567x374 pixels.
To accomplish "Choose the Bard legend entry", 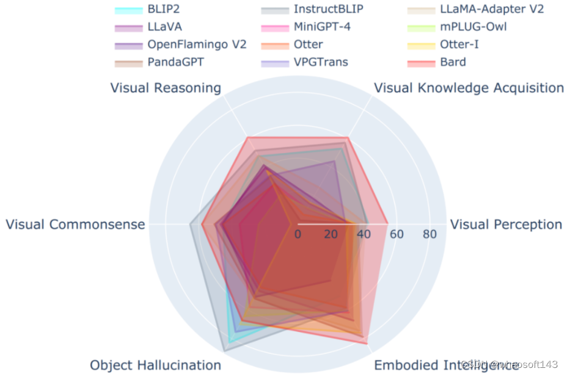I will point(453,62).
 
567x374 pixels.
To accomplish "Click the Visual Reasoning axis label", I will point(166,88).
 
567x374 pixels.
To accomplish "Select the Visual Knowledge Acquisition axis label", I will point(469,88).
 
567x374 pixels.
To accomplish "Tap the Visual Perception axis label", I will point(506,225).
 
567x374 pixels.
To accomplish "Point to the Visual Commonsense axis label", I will point(76,225).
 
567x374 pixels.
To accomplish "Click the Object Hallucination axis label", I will point(155,365).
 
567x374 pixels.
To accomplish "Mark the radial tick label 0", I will point(298,234).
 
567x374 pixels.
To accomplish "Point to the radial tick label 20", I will point(331,234).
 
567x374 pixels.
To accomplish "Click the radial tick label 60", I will point(397,234).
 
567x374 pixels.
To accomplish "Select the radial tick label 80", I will point(430,234).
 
